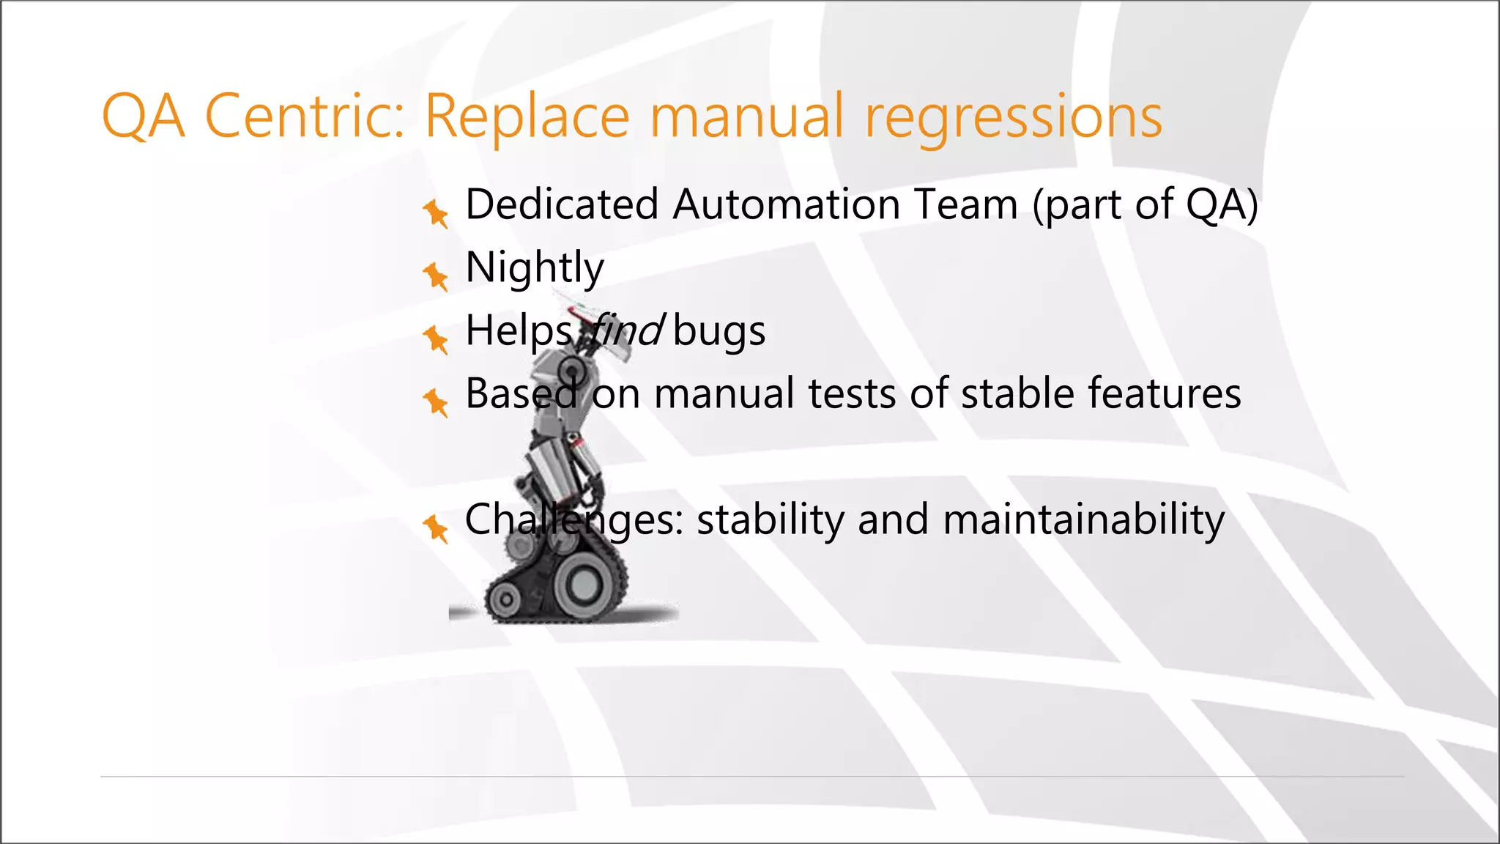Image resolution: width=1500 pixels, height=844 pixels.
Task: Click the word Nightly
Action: (x=535, y=268)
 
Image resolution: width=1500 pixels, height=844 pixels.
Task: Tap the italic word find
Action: (x=626, y=330)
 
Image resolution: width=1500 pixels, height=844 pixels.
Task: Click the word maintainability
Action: (x=1083, y=520)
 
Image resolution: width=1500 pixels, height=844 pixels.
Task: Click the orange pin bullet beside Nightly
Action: (x=436, y=276)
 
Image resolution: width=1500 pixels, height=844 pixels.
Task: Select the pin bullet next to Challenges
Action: (x=436, y=527)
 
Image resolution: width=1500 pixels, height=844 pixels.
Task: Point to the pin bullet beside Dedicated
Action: (x=436, y=213)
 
